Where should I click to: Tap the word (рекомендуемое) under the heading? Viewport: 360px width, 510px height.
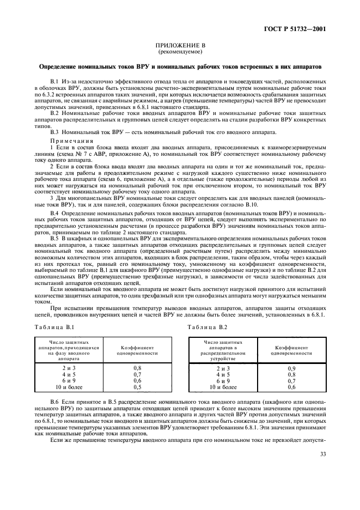180,52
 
